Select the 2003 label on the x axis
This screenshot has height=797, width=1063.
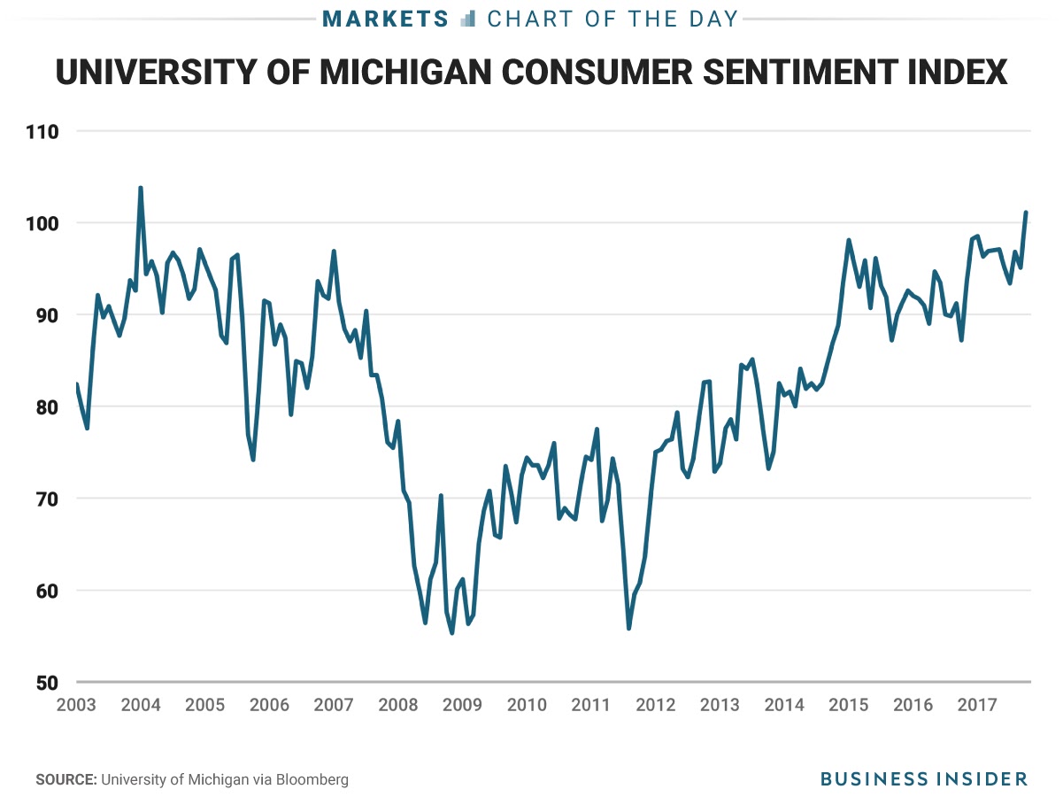point(76,706)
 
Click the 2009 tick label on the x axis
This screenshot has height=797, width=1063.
point(462,706)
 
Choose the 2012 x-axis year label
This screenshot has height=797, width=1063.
point(655,706)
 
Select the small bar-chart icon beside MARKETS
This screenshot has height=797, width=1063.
point(468,19)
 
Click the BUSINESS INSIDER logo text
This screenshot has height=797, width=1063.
point(923,779)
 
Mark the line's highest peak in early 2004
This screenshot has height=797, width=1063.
point(141,188)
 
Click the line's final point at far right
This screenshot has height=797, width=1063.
point(1026,213)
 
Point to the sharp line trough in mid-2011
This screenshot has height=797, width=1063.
point(628,629)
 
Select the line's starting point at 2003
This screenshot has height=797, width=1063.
point(76,383)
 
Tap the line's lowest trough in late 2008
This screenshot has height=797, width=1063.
point(452,632)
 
